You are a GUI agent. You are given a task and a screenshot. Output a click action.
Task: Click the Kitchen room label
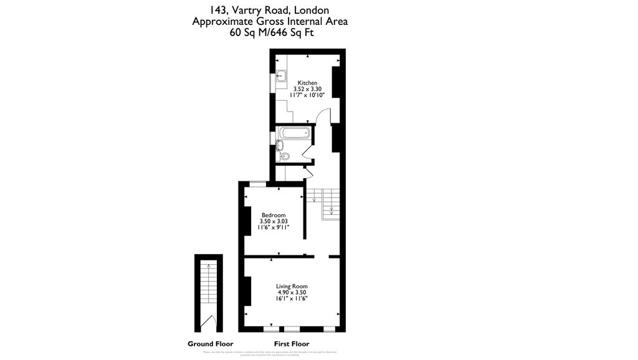pos(307,83)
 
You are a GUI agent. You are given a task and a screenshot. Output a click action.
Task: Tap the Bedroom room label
pos(273,215)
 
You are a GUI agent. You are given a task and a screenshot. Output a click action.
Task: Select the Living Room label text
pos(291,287)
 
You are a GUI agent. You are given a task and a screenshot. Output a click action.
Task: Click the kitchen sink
pos(282,77)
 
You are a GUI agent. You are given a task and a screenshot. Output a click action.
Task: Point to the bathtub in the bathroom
pos(295,133)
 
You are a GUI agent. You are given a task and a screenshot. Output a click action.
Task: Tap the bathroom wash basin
pos(280,145)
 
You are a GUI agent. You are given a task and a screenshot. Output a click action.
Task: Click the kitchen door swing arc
pos(321,116)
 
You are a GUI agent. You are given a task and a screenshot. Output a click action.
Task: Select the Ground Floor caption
pos(210,344)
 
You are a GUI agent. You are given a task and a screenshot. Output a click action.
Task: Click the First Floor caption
pos(292,344)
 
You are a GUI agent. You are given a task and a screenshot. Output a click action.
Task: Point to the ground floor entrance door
pos(212,323)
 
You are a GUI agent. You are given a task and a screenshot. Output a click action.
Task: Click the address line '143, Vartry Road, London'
pos(270,10)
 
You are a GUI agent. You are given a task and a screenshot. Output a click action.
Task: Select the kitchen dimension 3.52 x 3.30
pos(307,89)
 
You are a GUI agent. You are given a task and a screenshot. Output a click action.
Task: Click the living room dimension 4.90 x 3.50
pos(291,293)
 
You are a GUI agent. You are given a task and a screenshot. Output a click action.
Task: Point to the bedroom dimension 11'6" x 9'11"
pos(273,227)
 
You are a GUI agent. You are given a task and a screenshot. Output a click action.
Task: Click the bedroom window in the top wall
pos(256,183)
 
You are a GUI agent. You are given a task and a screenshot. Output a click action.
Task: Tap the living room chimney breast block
pos(247,291)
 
